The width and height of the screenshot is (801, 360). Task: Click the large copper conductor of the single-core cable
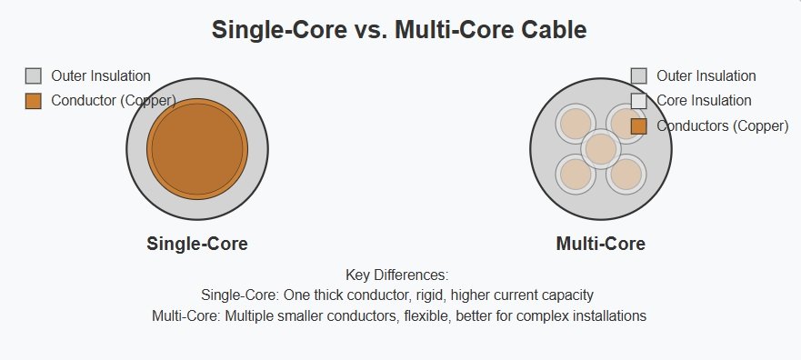[x=197, y=148]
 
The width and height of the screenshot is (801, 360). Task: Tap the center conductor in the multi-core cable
[x=601, y=148]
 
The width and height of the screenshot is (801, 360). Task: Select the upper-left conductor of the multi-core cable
[x=576, y=124]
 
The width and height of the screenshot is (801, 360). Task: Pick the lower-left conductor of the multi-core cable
[x=576, y=175]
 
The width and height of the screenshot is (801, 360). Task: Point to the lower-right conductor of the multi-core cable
[x=626, y=175]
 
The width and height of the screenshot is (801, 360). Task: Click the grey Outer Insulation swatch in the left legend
[x=34, y=75]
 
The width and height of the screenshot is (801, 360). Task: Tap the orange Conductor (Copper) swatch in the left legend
[x=34, y=101]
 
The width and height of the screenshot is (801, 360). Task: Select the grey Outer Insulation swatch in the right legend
[x=638, y=75]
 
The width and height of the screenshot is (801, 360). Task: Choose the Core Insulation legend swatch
[x=638, y=101]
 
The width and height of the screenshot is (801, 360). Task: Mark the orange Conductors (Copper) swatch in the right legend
[x=638, y=126]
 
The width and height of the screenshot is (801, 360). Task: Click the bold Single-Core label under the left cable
[x=197, y=244]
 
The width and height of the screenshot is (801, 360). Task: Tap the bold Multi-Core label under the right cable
[x=601, y=244]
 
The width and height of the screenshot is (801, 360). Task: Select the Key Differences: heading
[x=397, y=275]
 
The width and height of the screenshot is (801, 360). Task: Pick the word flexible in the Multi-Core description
[x=427, y=315]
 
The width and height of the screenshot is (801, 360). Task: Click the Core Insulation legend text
[x=704, y=101]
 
